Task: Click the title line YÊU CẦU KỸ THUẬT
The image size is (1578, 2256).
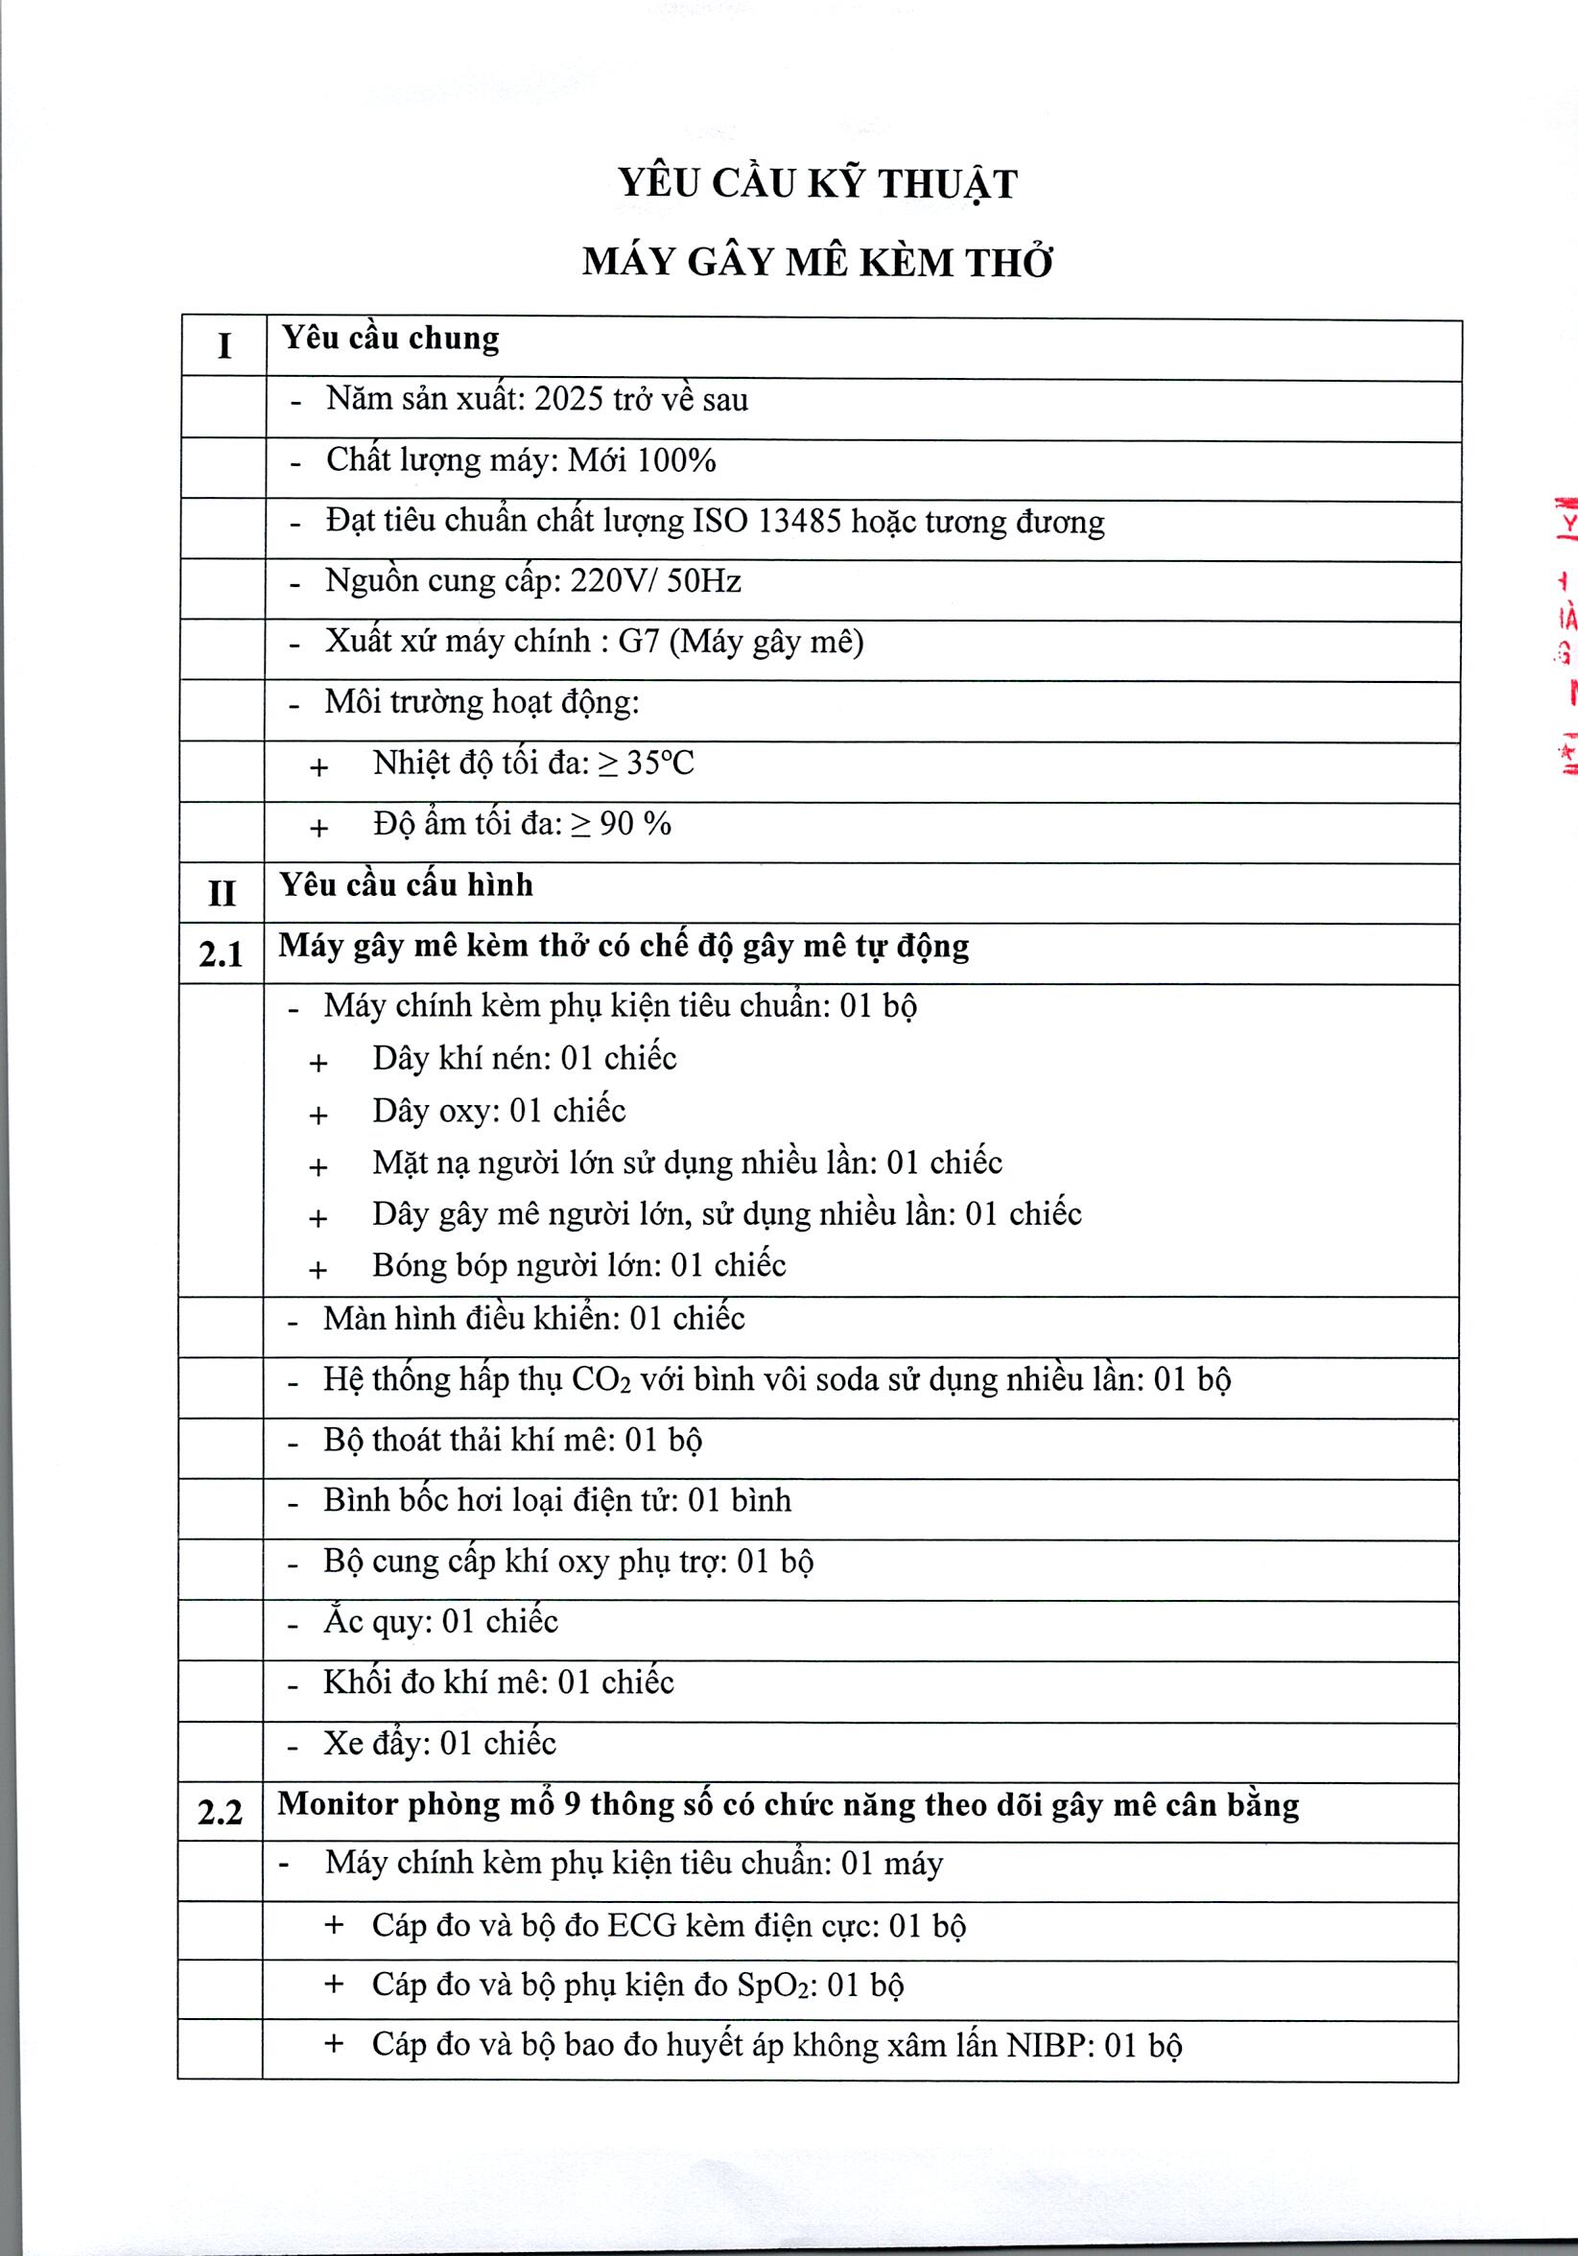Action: (x=816, y=185)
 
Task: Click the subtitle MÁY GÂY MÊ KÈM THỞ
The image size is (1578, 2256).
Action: (x=816, y=263)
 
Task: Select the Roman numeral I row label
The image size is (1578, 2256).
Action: (x=224, y=346)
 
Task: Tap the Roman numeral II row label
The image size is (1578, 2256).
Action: (x=222, y=893)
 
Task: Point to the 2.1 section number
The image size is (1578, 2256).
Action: (x=221, y=954)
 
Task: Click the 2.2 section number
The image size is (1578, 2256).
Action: (x=220, y=1812)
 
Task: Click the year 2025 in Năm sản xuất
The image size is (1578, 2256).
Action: (x=568, y=399)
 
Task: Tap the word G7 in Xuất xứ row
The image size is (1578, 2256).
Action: (x=639, y=642)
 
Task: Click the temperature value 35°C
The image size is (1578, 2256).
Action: (x=660, y=763)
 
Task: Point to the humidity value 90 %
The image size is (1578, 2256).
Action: (x=635, y=823)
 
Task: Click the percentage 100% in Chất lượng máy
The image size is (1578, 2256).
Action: (x=676, y=459)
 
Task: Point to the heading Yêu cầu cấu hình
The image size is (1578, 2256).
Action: (x=406, y=884)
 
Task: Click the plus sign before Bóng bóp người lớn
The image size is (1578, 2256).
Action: (x=318, y=1271)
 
